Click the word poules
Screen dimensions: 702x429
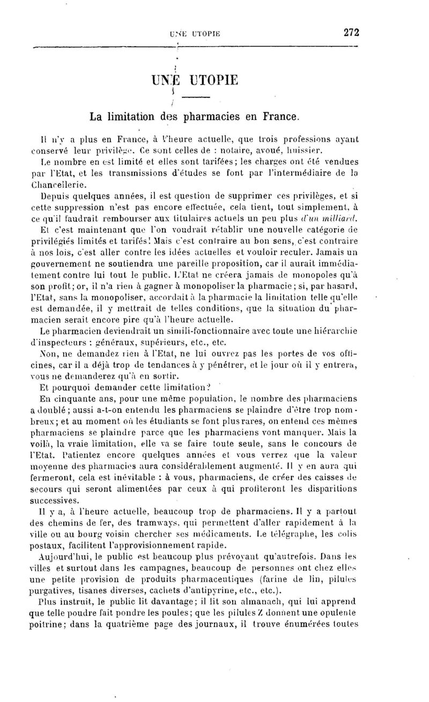tap(204, 612)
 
